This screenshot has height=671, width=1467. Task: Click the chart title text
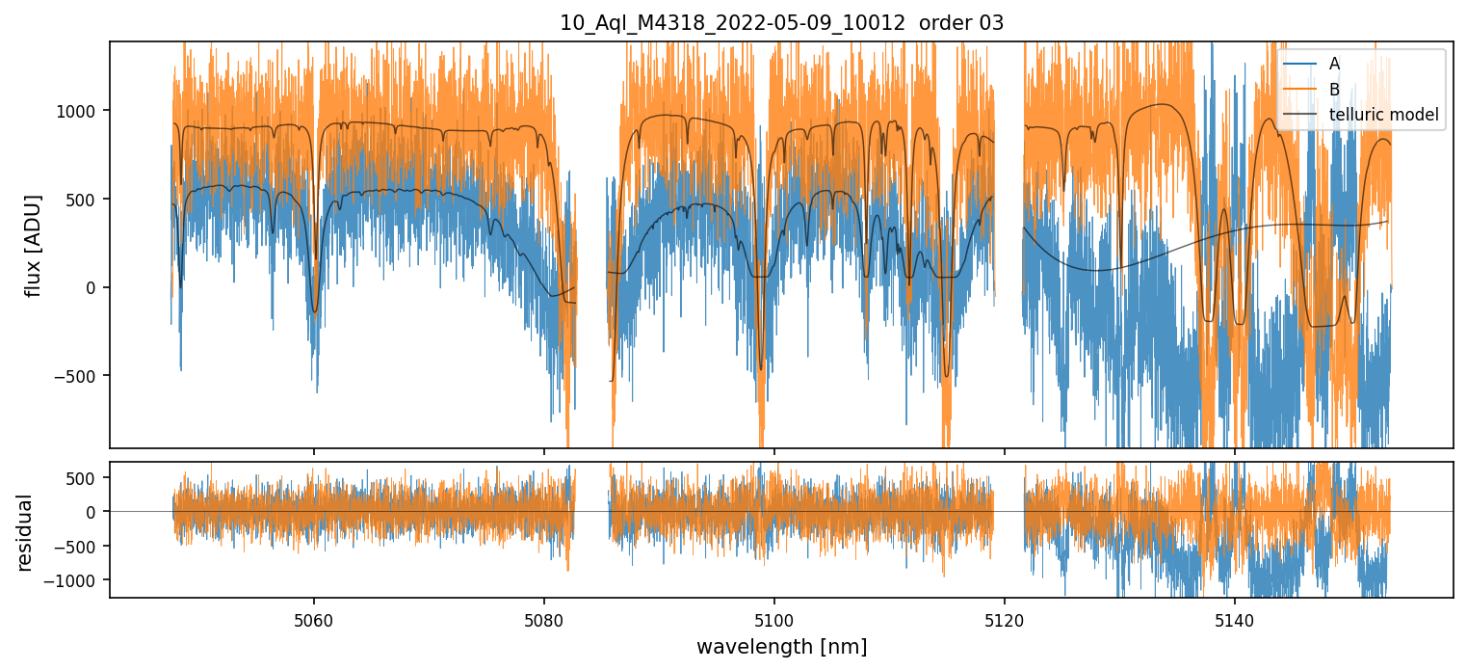pos(781,23)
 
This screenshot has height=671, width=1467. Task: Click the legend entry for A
pos(1334,64)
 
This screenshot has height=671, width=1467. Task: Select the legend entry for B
pos(1334,90)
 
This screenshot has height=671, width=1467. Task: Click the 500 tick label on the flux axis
pos(85,200)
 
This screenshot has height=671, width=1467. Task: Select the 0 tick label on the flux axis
pos(93,287)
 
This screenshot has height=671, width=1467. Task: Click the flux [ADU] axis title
pos(35,245)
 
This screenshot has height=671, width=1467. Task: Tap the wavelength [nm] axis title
pos(781,646)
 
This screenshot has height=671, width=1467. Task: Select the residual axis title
pos(25,531)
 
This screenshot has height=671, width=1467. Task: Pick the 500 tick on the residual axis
pos(85,478)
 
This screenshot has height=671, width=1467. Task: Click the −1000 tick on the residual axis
pos(77,580)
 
